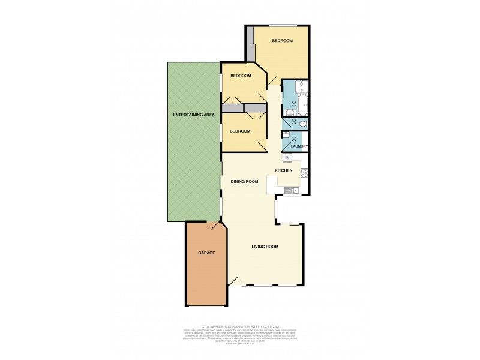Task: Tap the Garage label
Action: tap(206, 253)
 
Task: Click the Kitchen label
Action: tap(284, 171)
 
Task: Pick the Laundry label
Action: tap(299, 146)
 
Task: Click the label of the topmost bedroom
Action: tap(282, 41)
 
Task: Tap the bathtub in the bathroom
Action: tap(302, 103)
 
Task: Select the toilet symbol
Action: tap(304, 124)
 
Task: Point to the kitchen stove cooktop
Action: tap(304, 175)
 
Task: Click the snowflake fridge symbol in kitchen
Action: tap(287, 158)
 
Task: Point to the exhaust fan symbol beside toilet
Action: tap(293, 122)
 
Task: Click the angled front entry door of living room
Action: tap(236, 280)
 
